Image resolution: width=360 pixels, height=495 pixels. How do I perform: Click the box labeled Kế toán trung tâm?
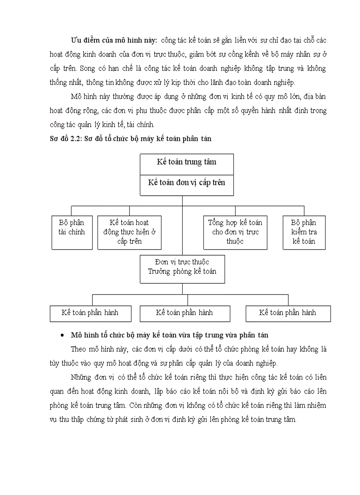[187, 162]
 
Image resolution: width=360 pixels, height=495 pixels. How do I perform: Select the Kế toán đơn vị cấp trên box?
[187, 182]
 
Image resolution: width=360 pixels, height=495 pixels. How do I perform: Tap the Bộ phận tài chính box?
[71, 232]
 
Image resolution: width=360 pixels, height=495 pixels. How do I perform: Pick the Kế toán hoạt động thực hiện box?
[129, 232]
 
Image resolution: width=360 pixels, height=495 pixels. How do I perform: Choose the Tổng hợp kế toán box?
[235, 232]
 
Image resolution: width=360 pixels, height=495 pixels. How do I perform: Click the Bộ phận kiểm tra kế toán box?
[304, 232]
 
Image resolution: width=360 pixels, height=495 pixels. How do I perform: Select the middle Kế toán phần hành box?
[184, 313]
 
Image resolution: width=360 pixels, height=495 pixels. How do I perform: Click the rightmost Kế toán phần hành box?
[288, 313]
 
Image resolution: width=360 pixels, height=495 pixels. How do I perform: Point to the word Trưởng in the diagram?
[159, 272]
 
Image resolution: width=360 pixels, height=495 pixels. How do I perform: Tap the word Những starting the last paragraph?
[81, 378]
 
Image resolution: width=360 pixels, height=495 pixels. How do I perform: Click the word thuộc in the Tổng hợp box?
[235, 242]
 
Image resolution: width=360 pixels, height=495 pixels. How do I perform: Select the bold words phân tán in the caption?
[198, 139]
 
